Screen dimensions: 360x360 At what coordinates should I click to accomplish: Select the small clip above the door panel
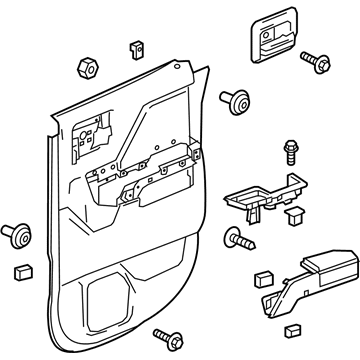(135, 49)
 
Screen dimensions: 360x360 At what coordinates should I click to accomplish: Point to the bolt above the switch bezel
(291, 153)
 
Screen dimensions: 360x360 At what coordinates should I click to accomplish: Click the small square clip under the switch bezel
(293, 213)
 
